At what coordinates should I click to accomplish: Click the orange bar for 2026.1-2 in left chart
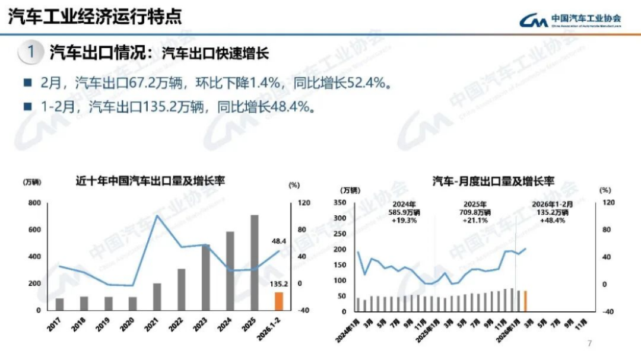[279, 301]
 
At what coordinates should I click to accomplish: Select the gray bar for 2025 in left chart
[254, 263]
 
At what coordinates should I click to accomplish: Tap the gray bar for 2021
[157, 296]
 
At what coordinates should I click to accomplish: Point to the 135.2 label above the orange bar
[278, 284]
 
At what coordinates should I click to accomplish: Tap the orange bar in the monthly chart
[525, 300]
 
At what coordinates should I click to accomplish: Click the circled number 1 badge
[30, 52]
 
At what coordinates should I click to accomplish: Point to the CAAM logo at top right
[570, 20]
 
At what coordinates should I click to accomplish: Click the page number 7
[589, 343]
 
